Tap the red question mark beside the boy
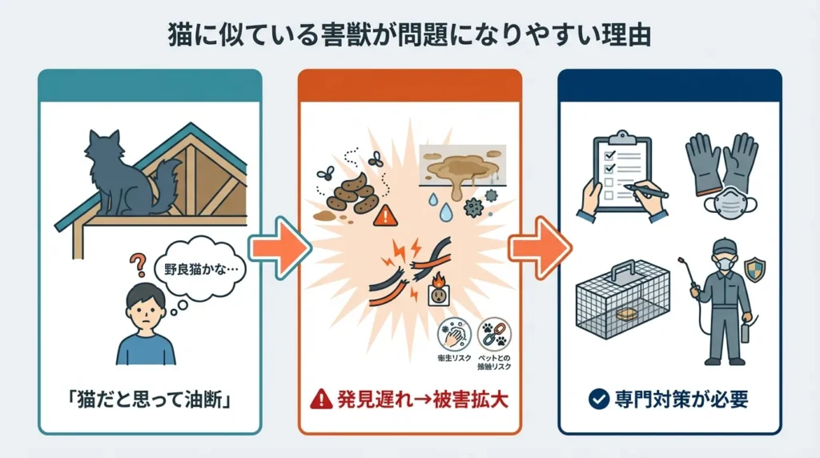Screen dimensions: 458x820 click(138, 264)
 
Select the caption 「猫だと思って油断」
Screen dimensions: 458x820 click(151, 397)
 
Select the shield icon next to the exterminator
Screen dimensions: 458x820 click(752, 271)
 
